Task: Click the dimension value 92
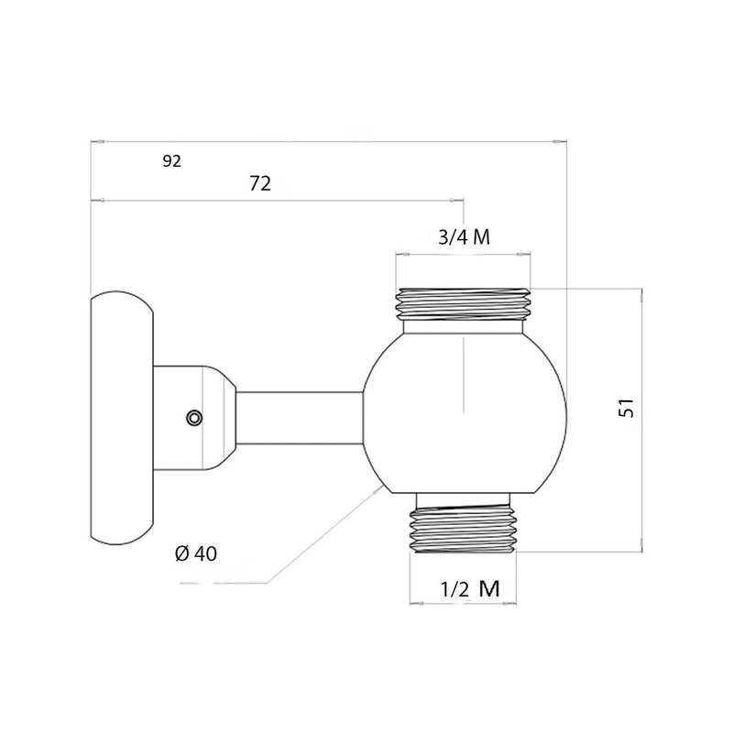171,161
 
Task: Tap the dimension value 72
260,184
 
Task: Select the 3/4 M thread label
465,237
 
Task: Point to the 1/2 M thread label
470,589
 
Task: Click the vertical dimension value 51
627,408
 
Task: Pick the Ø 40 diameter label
196,554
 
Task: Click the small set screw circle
194,418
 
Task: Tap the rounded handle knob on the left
122,418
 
